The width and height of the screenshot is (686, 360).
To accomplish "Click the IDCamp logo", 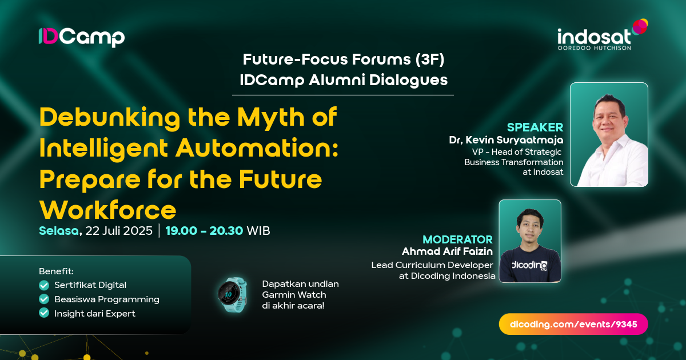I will [x=81, y=37].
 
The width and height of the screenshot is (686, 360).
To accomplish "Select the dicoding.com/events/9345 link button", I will [x=573, y=324].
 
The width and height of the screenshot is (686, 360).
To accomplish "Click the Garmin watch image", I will [x=232, y=295].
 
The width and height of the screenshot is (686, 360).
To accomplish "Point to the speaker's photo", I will [x=609, y=134].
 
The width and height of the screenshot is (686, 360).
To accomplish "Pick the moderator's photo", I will [x=530, y=241].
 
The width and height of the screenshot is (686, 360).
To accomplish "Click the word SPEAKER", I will [x=535, y=127].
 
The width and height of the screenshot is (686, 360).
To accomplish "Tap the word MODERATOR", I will [x=457, y=239].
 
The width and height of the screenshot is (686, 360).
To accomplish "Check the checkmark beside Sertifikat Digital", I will [x=43, y=285].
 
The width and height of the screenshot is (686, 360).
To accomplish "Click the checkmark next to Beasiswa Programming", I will [x=43, y=299].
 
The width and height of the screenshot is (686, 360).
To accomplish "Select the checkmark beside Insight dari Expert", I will [x=43, y=313].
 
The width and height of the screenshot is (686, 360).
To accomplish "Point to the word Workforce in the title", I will [x=107, y=210].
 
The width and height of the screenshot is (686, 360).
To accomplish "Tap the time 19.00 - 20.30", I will [x=204, y=231].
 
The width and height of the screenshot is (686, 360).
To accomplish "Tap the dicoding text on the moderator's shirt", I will [x=529, y=265].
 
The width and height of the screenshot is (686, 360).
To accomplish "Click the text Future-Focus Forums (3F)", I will [x=344, y=59].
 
